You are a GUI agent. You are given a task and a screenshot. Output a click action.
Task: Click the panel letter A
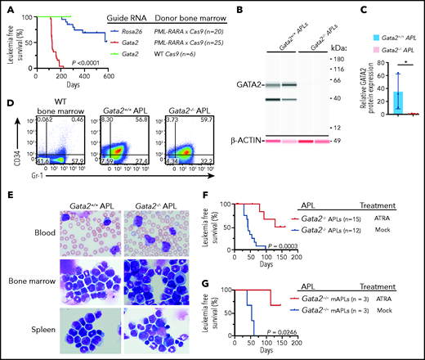point(6,7)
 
